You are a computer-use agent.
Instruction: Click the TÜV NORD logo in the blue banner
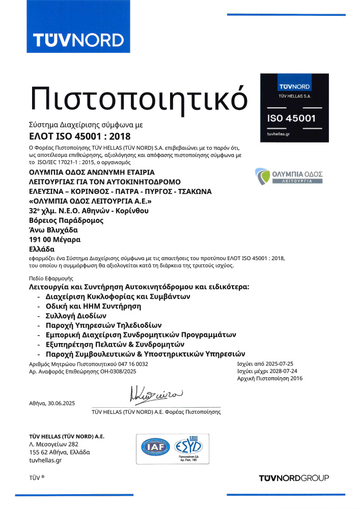pyautogui.click(x=78, y=40)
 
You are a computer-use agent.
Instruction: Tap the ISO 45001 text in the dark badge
pyautogui.click(x=292, y=119)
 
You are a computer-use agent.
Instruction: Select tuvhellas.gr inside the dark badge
pyautogui.click(x=279, y=133)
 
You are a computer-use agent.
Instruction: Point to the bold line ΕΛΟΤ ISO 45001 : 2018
pyautogui.click(x=80, y=136)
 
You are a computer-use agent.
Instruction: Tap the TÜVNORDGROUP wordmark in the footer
pyautogui.click(x=294, y=478)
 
